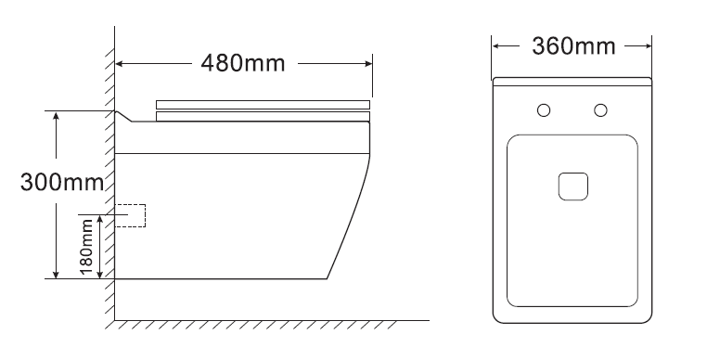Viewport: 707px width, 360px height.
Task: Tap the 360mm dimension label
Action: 572,44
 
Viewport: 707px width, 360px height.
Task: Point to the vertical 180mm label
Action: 86,246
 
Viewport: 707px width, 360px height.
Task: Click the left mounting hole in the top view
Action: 545,111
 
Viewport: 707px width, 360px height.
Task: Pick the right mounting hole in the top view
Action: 600,111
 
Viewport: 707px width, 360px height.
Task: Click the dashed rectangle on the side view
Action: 132,215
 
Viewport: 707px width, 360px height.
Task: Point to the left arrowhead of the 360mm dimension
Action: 496,44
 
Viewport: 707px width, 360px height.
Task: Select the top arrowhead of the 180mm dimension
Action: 101,214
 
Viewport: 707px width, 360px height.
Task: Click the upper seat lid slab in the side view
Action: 264,103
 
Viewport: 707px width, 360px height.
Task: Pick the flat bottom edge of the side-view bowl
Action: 223,278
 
